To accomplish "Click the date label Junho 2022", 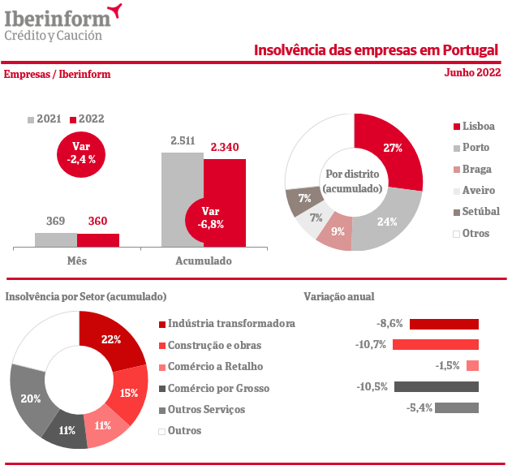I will coord(472,73).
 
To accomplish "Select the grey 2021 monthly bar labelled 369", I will coord(56,239).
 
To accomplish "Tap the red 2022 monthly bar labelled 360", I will coord(98,239).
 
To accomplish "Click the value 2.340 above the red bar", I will coord(224,147).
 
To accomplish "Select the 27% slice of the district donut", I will coord(392,151).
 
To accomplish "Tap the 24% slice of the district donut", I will coord(388,218).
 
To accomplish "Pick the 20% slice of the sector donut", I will coord(30,398).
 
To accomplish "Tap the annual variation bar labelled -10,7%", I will coord(435,345).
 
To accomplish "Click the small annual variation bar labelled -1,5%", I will coord(473,366).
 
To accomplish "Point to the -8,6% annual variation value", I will coord(390,323).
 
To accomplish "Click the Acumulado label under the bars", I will coord(204,261).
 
